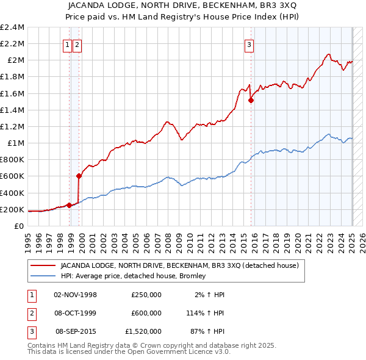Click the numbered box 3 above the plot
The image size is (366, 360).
(x=249, y=43)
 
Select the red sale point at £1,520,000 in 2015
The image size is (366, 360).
(x=251, y=101)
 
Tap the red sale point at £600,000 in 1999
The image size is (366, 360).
(x=79, y=176)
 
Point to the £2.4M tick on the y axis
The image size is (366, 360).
(x=12, y=27)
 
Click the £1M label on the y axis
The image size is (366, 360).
(x=16, y=143)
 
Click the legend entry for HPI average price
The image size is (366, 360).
(x=133, y=276)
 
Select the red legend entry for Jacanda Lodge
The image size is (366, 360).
(x=179, y=265)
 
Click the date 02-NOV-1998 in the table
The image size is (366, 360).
(x=76, y=295)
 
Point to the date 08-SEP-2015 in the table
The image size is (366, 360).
(x=76, y=331)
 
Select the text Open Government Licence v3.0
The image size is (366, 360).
(x=178, y=352)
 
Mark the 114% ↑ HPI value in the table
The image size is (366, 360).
(x=209, y=313)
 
